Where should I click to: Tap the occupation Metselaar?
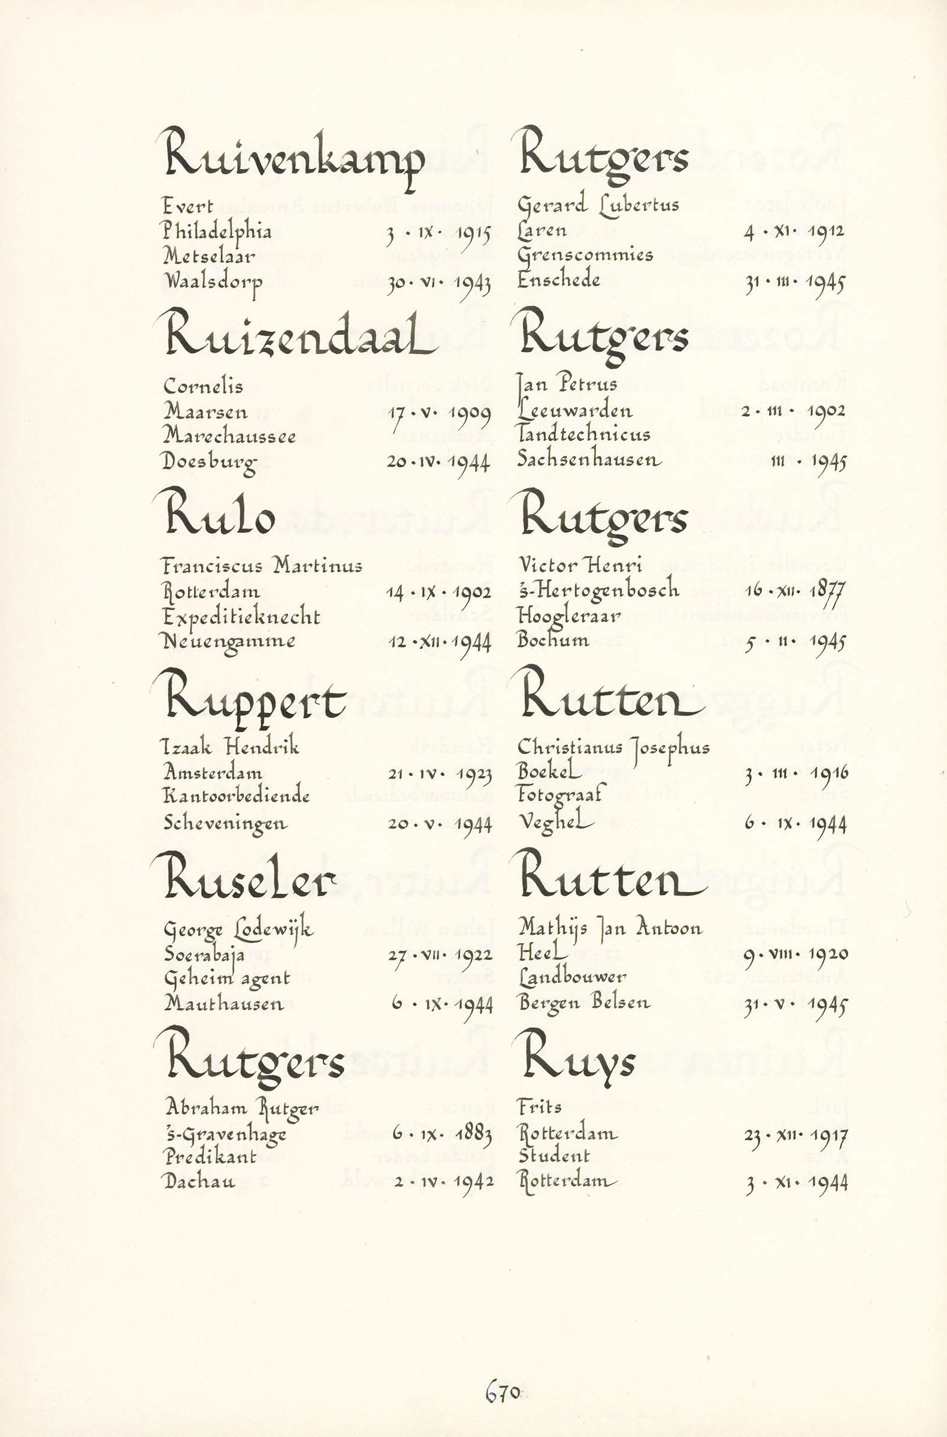(209, 257)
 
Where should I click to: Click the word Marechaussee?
(229, 436)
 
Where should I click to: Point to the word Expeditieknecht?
(241, 617)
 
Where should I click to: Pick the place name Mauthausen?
(223, 1004)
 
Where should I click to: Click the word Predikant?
(210, 1157)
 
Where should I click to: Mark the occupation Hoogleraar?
(569, 616)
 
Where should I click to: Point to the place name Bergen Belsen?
(584, 1004)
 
